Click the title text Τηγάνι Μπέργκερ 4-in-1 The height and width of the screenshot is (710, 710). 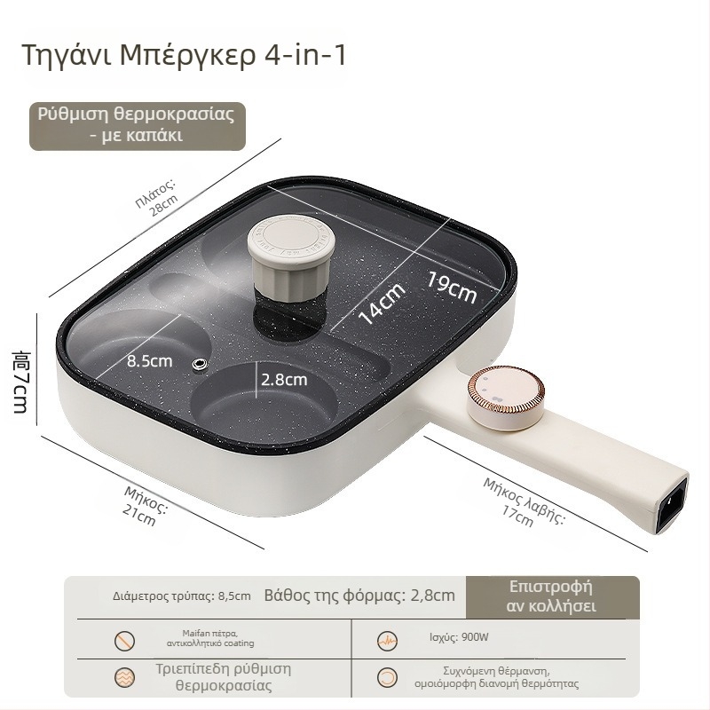click(184, 55)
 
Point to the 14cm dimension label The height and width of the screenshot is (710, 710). click(382, 304)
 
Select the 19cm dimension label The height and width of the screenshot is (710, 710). click(452, 287)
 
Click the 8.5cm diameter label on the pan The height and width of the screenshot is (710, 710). click(149, 361)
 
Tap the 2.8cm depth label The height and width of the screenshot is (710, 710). click(284, 380)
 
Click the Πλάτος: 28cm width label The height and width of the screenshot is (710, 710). click(158, 198)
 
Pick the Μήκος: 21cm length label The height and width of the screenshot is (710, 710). click(144, 506)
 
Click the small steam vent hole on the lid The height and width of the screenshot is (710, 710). click(199, 364)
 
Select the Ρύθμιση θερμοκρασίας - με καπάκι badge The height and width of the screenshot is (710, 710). click(138, 126)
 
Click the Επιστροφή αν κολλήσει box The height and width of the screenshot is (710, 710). click(552, 596)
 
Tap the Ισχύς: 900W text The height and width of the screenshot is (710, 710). click(459, 637)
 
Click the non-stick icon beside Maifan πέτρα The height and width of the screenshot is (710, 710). click(124, 641)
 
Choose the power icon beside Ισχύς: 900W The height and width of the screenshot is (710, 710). click(387, 641)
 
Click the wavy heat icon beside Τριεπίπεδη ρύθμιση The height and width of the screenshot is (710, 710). click(124, 677)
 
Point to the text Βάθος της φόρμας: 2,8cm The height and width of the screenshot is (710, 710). click(359, 595)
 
